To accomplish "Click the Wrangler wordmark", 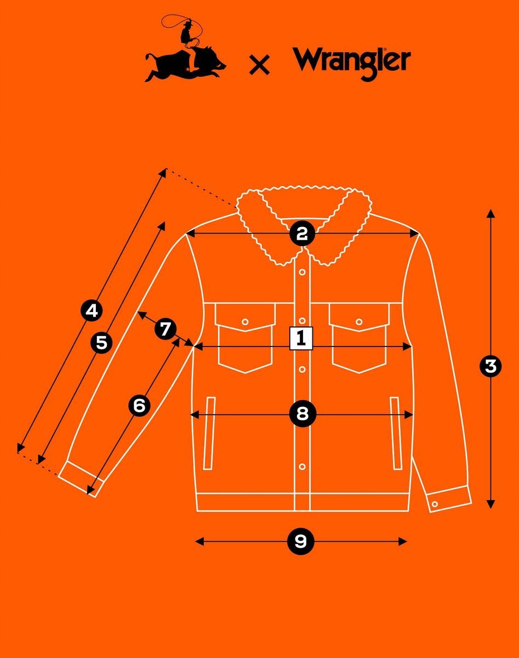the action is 351,63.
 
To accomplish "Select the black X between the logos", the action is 259,65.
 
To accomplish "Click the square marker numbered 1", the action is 301,338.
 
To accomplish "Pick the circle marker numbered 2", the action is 302,234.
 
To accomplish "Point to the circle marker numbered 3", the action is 491,366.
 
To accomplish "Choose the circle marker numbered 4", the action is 92,311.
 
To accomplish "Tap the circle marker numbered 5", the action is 101,343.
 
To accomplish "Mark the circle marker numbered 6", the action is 139,406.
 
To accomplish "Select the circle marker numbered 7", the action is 166,330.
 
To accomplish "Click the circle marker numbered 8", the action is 303,414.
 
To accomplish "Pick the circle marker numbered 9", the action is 301,542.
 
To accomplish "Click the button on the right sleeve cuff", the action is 435,504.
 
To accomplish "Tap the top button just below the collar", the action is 303,272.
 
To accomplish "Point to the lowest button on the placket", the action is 303,467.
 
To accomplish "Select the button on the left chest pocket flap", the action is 245,322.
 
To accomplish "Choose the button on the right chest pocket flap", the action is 359,322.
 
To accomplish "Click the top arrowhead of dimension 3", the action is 491,214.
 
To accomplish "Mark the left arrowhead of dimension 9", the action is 199,542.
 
